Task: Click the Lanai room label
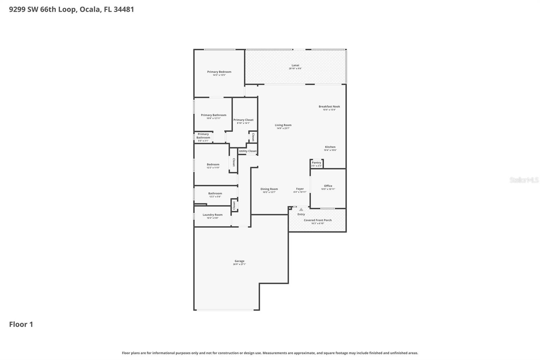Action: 295,65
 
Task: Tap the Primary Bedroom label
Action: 219,72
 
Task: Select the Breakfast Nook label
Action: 329,106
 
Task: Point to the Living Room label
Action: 283,125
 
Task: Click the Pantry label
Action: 316,162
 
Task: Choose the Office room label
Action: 328,186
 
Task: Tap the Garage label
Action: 239,261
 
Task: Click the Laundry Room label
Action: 212,215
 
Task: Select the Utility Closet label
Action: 247,151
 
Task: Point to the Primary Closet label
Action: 243,120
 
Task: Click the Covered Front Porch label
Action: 318,220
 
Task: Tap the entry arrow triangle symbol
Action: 301,209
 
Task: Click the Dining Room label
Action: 269,189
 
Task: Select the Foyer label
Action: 300,189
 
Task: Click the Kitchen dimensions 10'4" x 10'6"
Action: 330,150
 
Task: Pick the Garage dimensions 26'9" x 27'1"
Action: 239,264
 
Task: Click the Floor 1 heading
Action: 21,325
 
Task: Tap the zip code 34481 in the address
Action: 124,9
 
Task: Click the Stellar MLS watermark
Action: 524,180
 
